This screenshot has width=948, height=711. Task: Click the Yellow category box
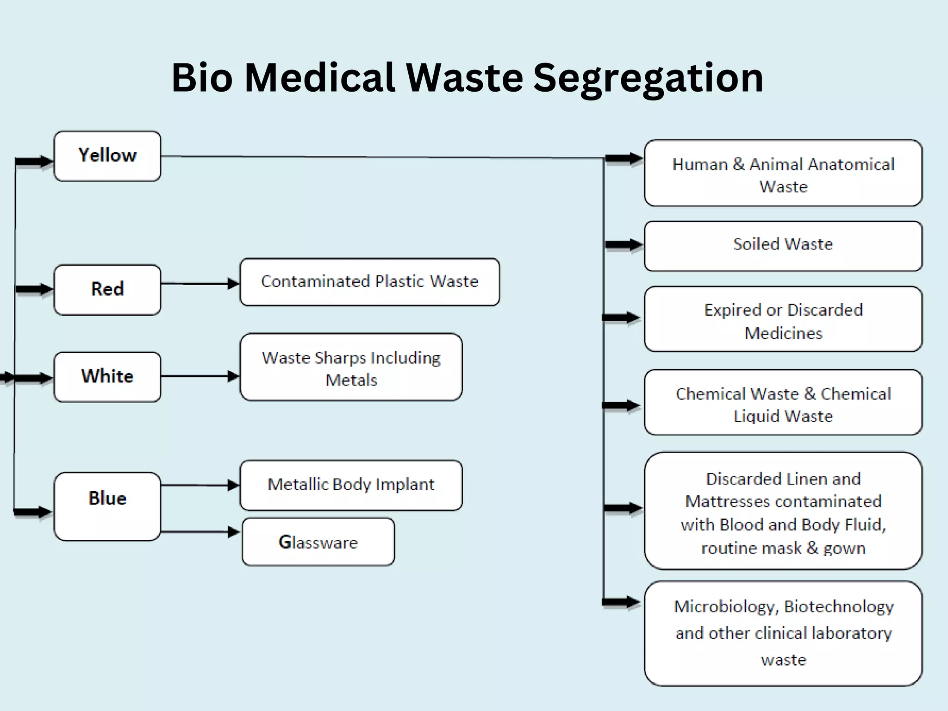click(107, 156)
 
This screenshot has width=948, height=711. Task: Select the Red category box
click(107, 290)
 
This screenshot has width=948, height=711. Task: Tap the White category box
click(107, 377)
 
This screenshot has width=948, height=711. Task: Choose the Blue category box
click(107, 506)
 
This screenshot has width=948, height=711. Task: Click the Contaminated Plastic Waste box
click(369, 282)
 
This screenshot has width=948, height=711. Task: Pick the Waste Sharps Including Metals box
click(351, 367)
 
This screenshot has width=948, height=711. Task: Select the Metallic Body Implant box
click(351, 485)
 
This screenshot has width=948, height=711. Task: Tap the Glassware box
click(318, 542)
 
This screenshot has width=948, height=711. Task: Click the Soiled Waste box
click(783, 246)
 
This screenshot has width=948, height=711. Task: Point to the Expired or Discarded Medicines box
click(783, 319)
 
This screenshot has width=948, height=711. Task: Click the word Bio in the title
click(202, 78)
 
